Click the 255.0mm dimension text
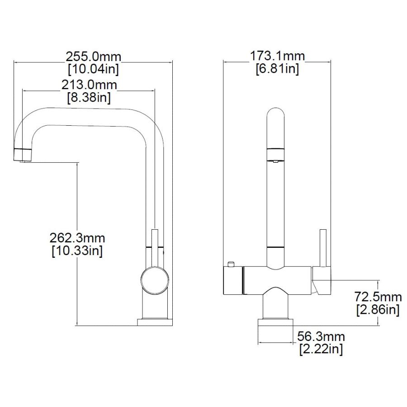93,57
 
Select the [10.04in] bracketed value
93,69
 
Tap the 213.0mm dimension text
89,85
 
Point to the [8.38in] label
89,97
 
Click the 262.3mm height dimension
77,238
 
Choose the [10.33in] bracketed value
77,251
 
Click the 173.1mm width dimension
277,56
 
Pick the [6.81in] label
277,69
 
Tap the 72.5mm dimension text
378,297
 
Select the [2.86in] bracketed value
378,309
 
